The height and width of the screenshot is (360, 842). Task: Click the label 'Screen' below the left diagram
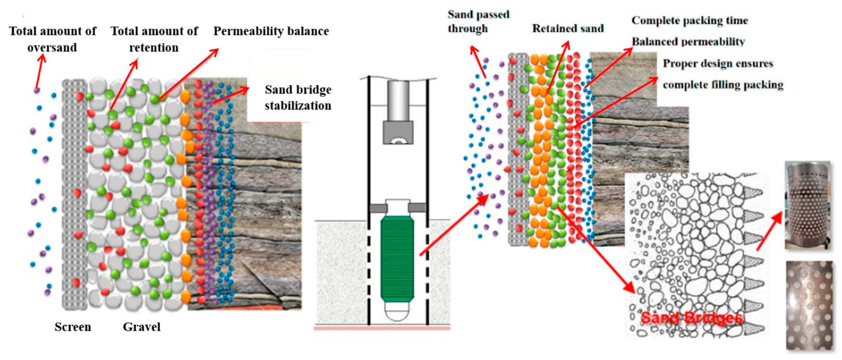point(73,327)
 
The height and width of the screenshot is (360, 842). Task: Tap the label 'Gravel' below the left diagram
point(142,327)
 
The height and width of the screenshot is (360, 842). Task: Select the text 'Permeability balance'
point(271,31)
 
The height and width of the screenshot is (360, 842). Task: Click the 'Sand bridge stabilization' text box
point(298,98)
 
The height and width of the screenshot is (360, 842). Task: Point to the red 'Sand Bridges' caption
point(692,318)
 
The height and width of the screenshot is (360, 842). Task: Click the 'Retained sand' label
point(568,28)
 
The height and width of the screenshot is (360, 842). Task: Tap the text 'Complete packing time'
point(690,20)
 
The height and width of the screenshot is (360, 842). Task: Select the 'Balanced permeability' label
point(688,42)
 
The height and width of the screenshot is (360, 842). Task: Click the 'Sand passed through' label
point(478,21)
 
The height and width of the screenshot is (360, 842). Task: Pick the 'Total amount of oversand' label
point(53,39)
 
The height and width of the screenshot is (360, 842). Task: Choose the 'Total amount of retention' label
point(154,39)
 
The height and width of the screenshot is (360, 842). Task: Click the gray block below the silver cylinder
point(398,133)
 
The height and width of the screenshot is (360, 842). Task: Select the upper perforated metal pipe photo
point(807,205)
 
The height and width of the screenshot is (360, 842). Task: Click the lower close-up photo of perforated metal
point(809,305)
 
